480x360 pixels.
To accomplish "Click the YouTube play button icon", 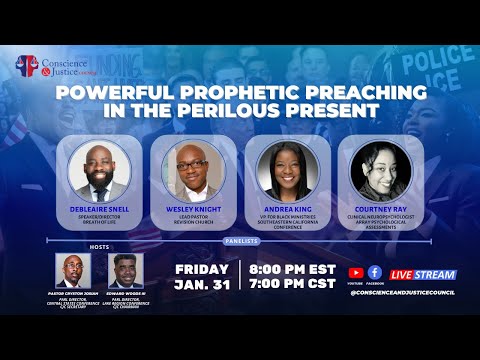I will coord(355,272).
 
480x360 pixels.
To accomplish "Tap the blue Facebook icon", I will coord(374,272).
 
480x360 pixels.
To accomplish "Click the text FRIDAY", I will coord(202,268).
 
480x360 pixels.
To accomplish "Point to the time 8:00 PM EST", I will coord(289,268).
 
